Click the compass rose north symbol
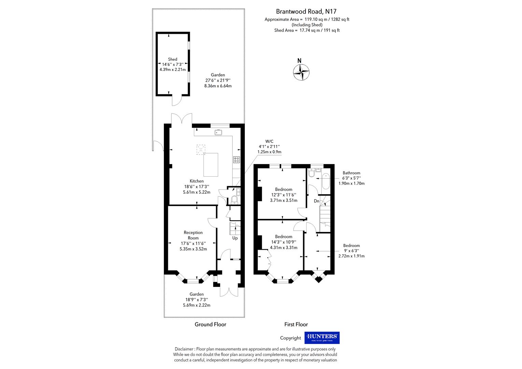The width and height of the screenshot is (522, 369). [x=301, y=72]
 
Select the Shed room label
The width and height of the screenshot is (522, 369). [x=172, y=59]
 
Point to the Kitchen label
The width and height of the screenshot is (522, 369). [x=197, y=181]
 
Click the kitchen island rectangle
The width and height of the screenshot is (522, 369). [x=211, y=165]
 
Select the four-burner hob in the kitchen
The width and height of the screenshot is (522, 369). [x=236, y=159]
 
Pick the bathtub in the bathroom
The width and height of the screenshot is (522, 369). [x=325, y=181]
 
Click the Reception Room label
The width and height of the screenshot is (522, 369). [x=193, y=235]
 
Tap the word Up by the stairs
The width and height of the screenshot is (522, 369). [x=235, y=238]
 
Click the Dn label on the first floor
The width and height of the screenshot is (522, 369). [x=316, y=201]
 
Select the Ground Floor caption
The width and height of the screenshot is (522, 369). [x=210, y=324]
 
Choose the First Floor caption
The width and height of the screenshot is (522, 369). [x=296, y=324]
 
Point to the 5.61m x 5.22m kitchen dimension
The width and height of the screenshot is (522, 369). [x=197, y=192]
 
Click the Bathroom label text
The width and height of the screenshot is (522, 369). [x=351, y=173]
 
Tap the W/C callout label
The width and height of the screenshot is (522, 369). [x=269, y=141]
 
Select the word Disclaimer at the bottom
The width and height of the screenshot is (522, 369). [x=184, y=349]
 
